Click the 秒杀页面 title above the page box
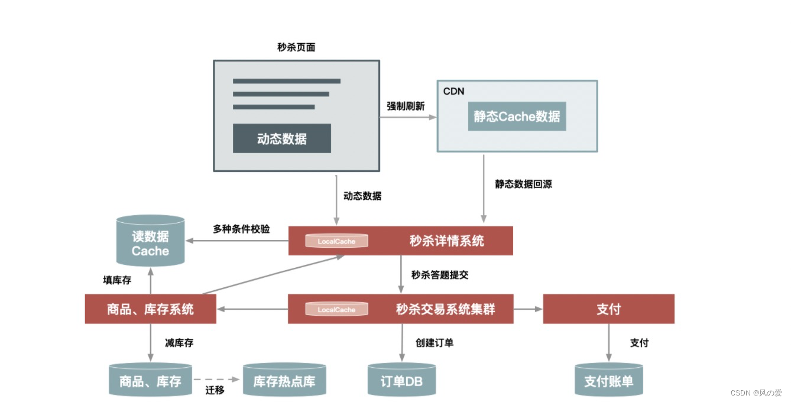(x=296, y=47)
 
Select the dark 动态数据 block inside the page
(x=281, y=138)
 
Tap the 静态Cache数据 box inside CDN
(x=517, y=116)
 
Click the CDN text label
(x=454, y=91)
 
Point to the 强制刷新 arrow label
(x=406, y=106)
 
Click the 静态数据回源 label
(x=523, y=184)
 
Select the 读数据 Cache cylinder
(x=150, y=243)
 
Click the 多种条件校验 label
(x=241, y=229)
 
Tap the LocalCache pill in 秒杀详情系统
(x=336, y=241)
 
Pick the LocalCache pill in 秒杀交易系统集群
(x=336, y=309)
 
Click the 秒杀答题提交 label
(x=440, y=275)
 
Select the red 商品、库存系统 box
(x=150, y=309)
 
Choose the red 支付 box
(x=608, y=309)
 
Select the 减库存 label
(x=179, y=343)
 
